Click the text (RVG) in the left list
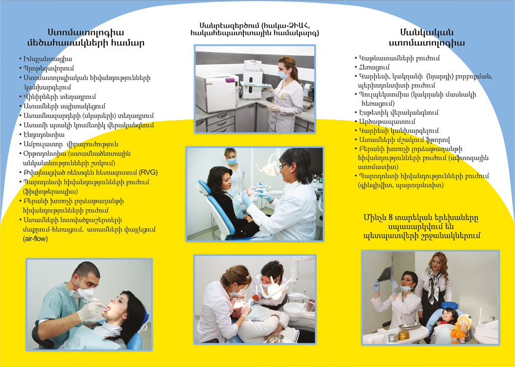148,173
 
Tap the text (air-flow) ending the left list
35,239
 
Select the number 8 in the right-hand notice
390,218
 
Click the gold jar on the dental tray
404,336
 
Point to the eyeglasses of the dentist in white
283,166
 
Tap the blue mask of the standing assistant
232,161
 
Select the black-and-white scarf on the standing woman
435,285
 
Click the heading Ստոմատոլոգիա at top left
86,32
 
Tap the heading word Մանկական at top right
426,32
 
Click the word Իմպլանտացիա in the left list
47,59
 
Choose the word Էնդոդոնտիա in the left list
44,135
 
